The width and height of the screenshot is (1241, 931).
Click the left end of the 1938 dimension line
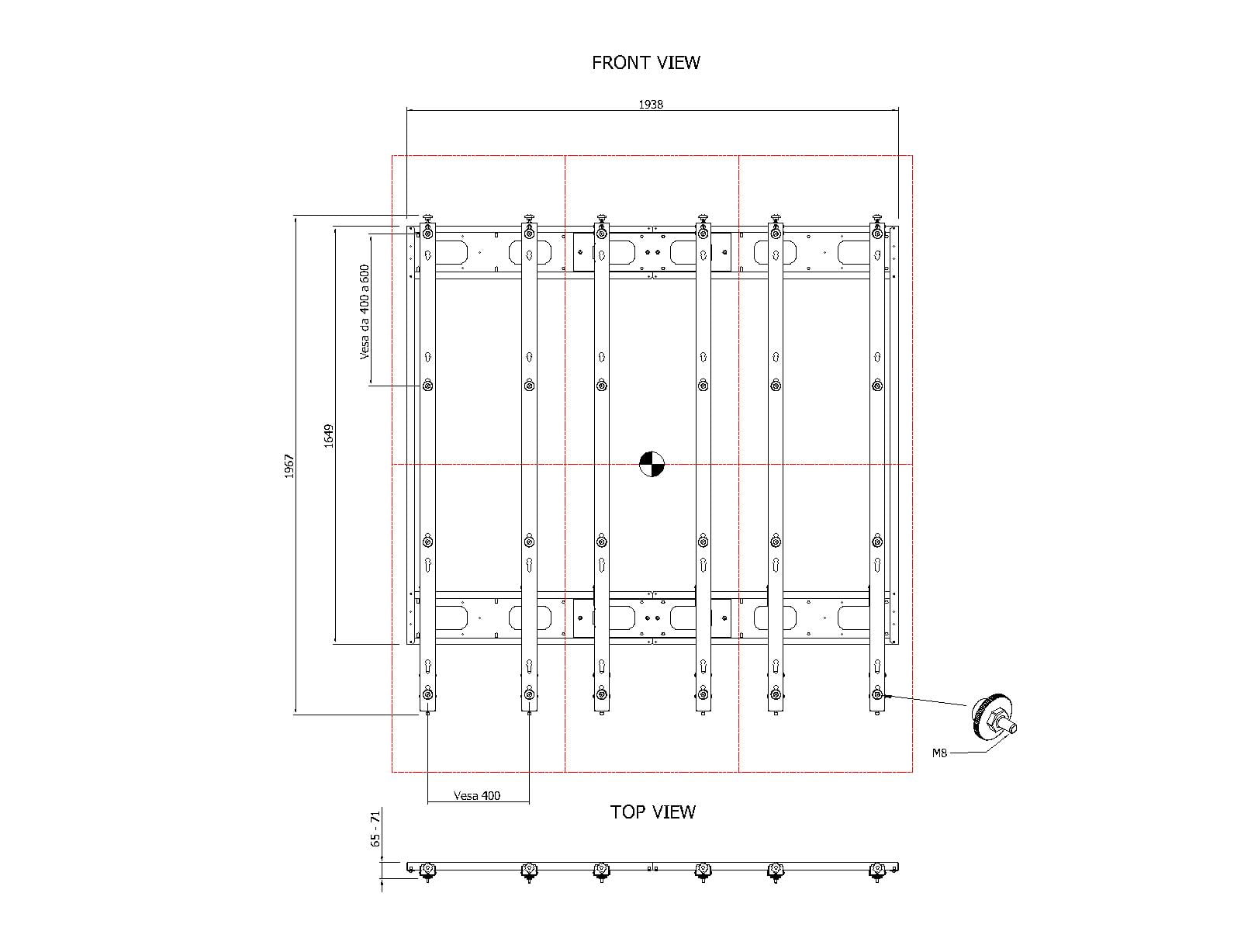click(407, 111)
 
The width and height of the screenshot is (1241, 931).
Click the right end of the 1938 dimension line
click(898, 111)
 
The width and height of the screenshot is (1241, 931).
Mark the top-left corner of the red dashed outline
click(392, 155)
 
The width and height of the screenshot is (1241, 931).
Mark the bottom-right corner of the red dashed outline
click(912, 772)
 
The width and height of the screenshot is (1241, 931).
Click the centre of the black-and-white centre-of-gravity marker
click(652, 464)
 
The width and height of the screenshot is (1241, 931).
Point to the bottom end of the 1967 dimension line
click(296, 715)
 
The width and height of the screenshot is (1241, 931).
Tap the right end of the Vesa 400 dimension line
click(529, 802)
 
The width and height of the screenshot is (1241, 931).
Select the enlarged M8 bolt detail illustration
click(994, 715)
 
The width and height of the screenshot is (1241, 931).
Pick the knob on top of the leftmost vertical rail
click(428, 218)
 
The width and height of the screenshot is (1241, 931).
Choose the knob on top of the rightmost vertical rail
click(877, 218)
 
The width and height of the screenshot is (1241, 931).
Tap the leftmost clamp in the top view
click(428, 871)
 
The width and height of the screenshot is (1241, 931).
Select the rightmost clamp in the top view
click(877, 871)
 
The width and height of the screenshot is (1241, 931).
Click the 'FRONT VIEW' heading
click(645, 63)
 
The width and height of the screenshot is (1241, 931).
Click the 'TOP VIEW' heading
click(652, 812)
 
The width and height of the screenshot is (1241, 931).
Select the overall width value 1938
click(651, 104)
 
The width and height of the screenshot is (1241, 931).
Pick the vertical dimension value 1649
click(329, 436)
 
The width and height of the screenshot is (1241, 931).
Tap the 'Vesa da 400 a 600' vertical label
click(365, 312)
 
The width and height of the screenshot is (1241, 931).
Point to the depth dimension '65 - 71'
click(375, 829)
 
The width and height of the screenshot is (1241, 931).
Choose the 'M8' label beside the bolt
click(939, 753)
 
